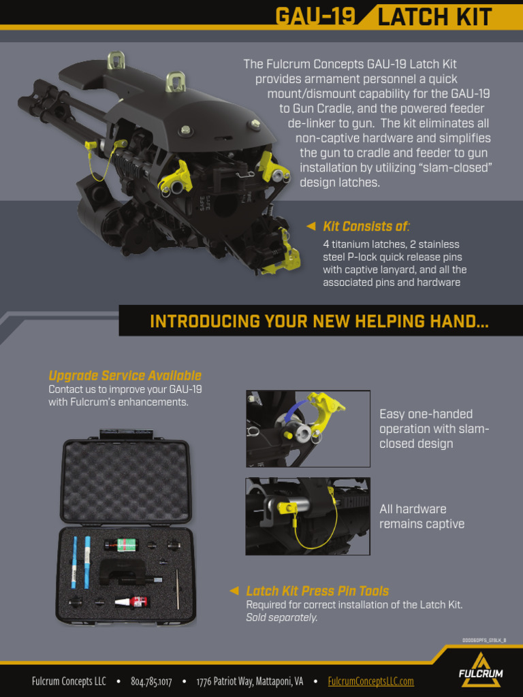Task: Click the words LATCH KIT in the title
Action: click(x=434, y=16)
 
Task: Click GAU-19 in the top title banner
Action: click(x=315, y=16)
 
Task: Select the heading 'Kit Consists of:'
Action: click(x=366, y=227)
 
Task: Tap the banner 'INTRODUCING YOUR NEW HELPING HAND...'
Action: click(x=319, y=321)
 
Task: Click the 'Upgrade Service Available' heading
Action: click(x=125, y=376)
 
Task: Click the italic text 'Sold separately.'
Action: click(x=281, y=617)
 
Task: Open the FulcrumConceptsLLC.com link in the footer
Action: click(x=370, y=681)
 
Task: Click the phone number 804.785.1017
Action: click(x=151, y=681)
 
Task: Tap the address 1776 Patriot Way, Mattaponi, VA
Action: click(x=250, y=681)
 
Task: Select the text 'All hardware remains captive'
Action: click(x=422, y=517)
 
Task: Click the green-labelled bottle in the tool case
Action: click(x=121, y=545)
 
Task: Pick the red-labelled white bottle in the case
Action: click(x=131, y=602)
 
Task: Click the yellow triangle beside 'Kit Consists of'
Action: click(x=311, y=227)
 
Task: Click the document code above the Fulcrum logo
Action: click(x=484, y=641)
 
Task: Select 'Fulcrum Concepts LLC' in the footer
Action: click(x=69, y=681)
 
